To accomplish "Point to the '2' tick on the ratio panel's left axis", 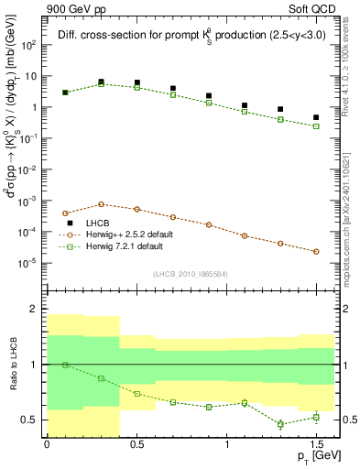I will click(x=34, y=310).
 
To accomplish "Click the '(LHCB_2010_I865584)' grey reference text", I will click(x=191, y=274).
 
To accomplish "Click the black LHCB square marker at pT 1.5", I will click(x=316, y=117).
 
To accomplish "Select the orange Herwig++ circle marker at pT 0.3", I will click(x=101, y=204).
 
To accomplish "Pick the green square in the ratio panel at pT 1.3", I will click(x=280, y=424).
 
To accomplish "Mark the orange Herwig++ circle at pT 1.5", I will click(x=316, y=251).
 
